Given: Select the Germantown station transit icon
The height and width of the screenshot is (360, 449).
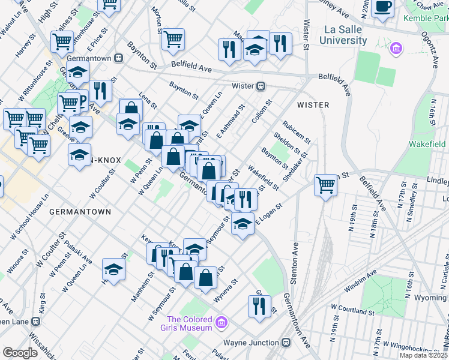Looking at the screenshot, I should click(119, 59).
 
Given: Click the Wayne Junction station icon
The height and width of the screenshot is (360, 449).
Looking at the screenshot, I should click(286, 343).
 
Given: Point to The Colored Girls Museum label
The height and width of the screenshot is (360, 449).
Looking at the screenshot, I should click(190, 323).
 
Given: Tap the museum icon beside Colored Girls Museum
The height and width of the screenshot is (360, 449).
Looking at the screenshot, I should click(221, 324).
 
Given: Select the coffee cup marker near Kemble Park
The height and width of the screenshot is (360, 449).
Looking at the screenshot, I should click(382, 7).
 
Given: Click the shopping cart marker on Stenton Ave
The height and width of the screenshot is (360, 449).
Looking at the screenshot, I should click(325, 184).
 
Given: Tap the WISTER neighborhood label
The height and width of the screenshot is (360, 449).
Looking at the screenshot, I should click(313, 105).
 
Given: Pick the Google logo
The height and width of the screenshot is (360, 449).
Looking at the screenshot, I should click(20, 352).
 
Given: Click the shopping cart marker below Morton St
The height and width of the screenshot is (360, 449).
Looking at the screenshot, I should click(173, 40).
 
